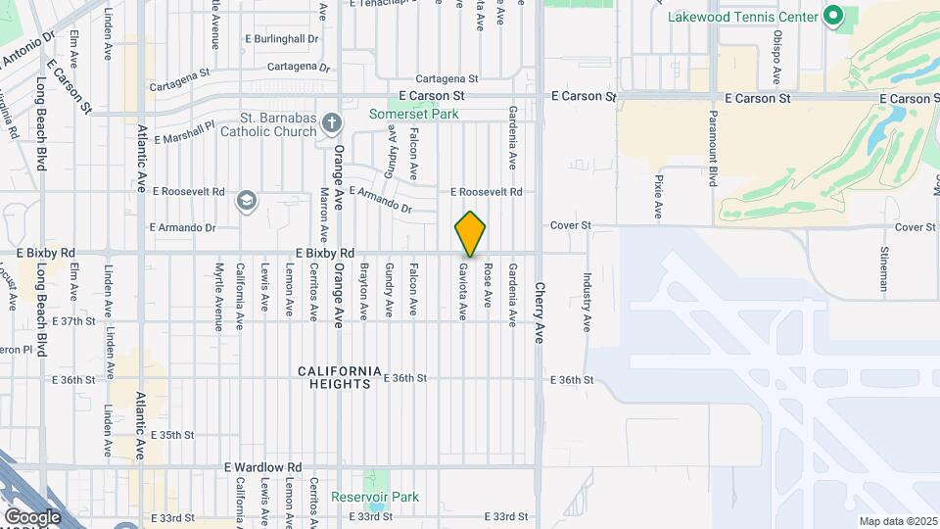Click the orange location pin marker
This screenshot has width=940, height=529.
[x=471, y=233]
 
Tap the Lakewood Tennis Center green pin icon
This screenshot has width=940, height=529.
[x=833, y=16]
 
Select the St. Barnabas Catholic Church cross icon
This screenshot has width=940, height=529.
[x=332, y=122]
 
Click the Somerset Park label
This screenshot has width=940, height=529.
[x=414, y=114]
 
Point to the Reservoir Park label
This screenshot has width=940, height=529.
[x=375, y=497]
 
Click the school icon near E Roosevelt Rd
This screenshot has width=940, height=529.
[x=246, y=202]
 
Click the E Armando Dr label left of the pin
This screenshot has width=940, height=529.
[x=182, y=227]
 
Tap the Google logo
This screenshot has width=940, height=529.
[x=32, y=516]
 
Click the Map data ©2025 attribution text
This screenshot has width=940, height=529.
[x=897, y=521]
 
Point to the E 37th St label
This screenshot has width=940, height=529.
[x=74, y=320]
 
